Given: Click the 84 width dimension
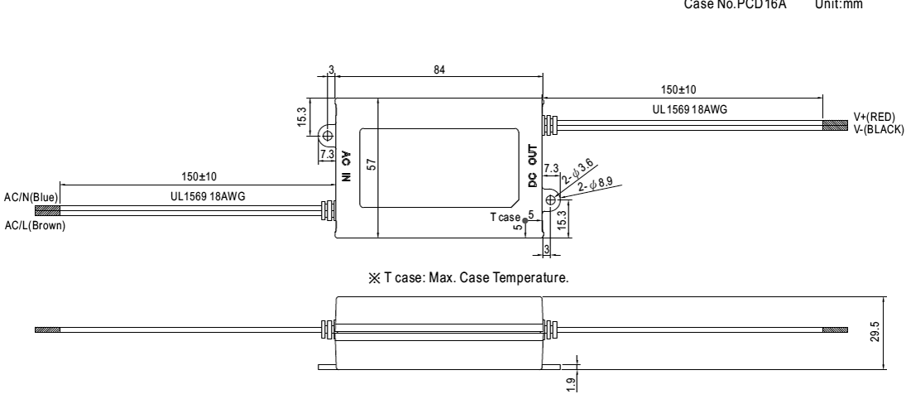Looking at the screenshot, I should tap(439, 71).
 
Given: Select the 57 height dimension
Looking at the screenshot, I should tap(372, 166).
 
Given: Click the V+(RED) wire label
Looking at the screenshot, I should tap(879, 118).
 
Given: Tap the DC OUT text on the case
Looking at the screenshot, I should tap(532, 166).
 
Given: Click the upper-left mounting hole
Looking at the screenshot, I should tap(327, 135).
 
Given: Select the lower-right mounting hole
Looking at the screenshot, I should tap(549, 198).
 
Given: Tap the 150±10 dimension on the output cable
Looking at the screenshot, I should tap(683, 89).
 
